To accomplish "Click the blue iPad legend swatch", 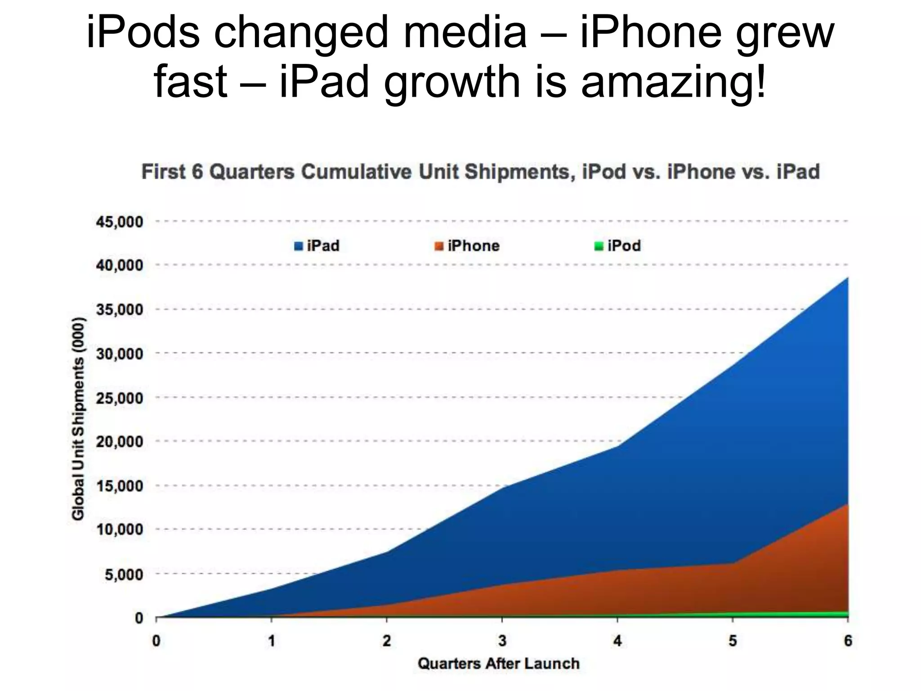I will point(299,247).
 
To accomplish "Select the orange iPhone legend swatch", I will point(439,247).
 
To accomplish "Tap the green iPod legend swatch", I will point(599,247).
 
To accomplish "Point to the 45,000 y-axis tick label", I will point(119,222).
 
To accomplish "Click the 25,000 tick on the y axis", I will point(119,398).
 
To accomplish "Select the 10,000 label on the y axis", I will point(119,530).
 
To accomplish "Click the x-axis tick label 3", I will point(502,641).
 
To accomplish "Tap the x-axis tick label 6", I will point(848,641).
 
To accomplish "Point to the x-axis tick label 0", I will point(156,641).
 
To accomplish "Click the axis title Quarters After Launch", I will point(499,664).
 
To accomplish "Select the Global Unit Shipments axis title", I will point(78,419).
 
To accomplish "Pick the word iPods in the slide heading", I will point(143,32).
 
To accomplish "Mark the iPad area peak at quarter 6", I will point(847,278).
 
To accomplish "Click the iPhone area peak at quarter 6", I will point(847,505).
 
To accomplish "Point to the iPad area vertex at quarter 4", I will point(617,446).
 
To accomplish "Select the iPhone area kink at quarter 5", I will point(733,563).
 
